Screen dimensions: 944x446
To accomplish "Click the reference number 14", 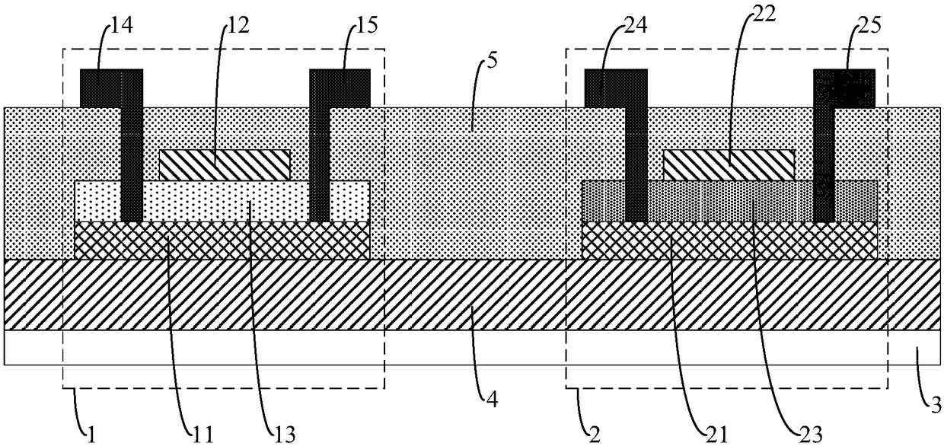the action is (x=122, y=25).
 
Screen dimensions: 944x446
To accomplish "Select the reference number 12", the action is (x=238, y=25).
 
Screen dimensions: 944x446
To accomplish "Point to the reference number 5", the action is (x=493, y=61).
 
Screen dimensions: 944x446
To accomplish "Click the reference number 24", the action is (x=636, y=25).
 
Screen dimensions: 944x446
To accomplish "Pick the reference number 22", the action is (x=764, y=14).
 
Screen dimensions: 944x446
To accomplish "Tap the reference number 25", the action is (x=869, y=25).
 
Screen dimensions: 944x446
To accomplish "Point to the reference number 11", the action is (x=203, y=435).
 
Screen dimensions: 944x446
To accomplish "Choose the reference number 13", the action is (x=285, y=435).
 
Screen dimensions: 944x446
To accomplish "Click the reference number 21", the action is (x=716, y=435).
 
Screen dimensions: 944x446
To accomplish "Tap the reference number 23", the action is (x=811, y=435).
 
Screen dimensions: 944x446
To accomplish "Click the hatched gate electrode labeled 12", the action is (x=225, y=165).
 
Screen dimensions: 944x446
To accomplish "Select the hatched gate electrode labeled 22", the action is (x=729, y=165).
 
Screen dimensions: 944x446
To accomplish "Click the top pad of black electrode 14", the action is (x=111, y=88).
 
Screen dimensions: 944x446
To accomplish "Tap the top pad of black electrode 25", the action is (x=844, y=88).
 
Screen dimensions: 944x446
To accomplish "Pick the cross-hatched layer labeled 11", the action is (x=222, y=241).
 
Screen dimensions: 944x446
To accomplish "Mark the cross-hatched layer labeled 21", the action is (x=729, y=241).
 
